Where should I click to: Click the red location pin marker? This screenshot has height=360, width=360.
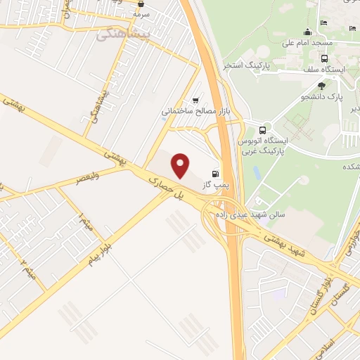coord(181,165)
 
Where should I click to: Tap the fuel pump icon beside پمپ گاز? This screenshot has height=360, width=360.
coord(214,173)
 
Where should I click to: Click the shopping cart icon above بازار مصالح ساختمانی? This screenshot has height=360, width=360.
coord(195,100)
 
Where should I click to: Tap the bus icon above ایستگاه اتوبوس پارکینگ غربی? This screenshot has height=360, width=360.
coord(262,130)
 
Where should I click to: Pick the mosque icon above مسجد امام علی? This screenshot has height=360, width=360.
coord(307,32)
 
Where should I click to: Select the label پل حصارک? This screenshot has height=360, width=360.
coord(162,188)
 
